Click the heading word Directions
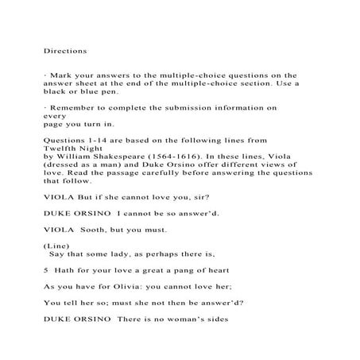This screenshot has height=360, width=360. coord(65,50)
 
